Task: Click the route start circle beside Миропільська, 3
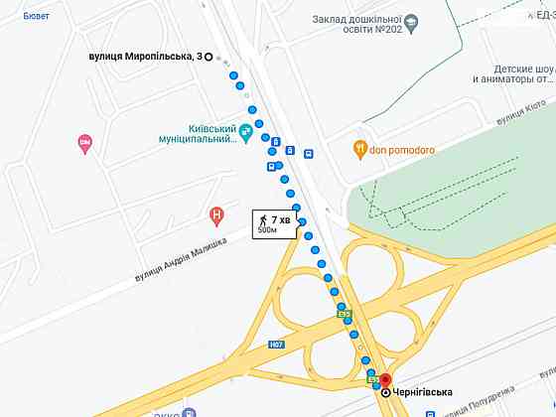(x=208, y=58)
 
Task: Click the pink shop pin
(x=84, y=145)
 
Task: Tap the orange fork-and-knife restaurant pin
(x=360, y=150)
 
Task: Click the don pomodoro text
(x=404, y=150)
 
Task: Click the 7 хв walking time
(x=281, y=218)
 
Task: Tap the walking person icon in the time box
(x=264, y=218)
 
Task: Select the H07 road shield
(x=276, y=346)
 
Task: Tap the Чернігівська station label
(x=423, y=393)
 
